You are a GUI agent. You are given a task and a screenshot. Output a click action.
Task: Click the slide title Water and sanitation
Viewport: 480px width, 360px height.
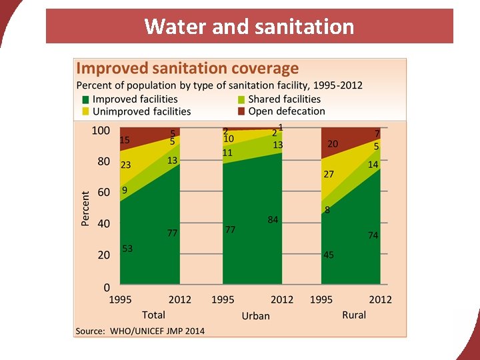[249, 26]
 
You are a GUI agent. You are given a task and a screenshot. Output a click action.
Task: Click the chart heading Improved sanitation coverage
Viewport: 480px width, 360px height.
[187, 68]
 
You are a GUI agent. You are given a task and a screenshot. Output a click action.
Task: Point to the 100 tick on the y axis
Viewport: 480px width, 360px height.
[100, 131]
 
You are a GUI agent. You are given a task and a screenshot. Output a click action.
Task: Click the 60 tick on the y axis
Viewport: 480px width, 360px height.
[103, 193]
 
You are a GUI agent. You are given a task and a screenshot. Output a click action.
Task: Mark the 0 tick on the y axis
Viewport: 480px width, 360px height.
[105, 287]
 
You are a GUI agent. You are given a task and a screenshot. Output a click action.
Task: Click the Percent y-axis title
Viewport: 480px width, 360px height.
[85, 208]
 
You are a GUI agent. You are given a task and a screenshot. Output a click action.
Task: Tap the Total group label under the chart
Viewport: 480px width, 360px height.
[153, 315]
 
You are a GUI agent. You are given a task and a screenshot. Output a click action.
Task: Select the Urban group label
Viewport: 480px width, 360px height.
[255, 315]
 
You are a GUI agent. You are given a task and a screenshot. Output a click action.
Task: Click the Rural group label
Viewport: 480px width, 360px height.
[354, 315]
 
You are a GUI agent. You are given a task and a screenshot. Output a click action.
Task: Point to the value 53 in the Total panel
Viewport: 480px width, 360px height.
[127, 249]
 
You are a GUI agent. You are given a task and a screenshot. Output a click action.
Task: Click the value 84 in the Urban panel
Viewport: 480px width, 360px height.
[273, 219]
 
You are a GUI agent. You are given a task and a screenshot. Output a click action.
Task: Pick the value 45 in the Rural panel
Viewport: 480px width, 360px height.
[329, 255]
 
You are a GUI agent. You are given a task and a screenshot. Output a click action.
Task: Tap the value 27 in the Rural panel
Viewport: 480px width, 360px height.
[329, 174]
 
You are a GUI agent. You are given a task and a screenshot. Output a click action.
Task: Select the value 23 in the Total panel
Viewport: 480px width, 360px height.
[125, 165]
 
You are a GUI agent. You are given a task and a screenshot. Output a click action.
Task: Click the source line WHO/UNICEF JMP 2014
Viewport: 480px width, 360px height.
[140, 331]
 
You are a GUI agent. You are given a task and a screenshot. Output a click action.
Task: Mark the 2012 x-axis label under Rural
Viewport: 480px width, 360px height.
[381, 300]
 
